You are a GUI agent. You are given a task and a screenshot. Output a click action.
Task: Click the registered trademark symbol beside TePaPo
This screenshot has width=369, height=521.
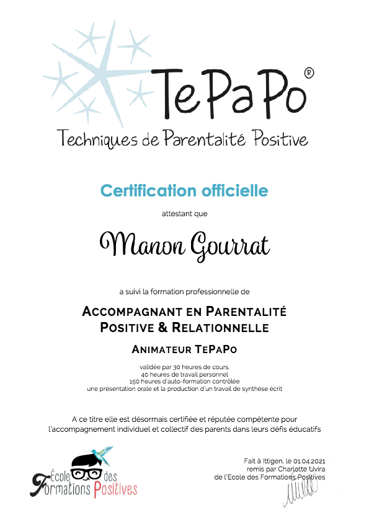coord(309,74)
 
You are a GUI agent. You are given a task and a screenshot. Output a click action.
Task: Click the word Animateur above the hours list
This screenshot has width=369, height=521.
coord(162,349)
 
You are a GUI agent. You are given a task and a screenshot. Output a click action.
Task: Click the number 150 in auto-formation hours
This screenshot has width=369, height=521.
coord(134,380)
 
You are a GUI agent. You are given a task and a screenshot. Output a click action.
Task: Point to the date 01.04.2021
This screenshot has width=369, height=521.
coord(311,462)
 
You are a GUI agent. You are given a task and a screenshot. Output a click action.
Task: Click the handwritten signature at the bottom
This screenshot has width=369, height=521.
coord(301,493)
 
